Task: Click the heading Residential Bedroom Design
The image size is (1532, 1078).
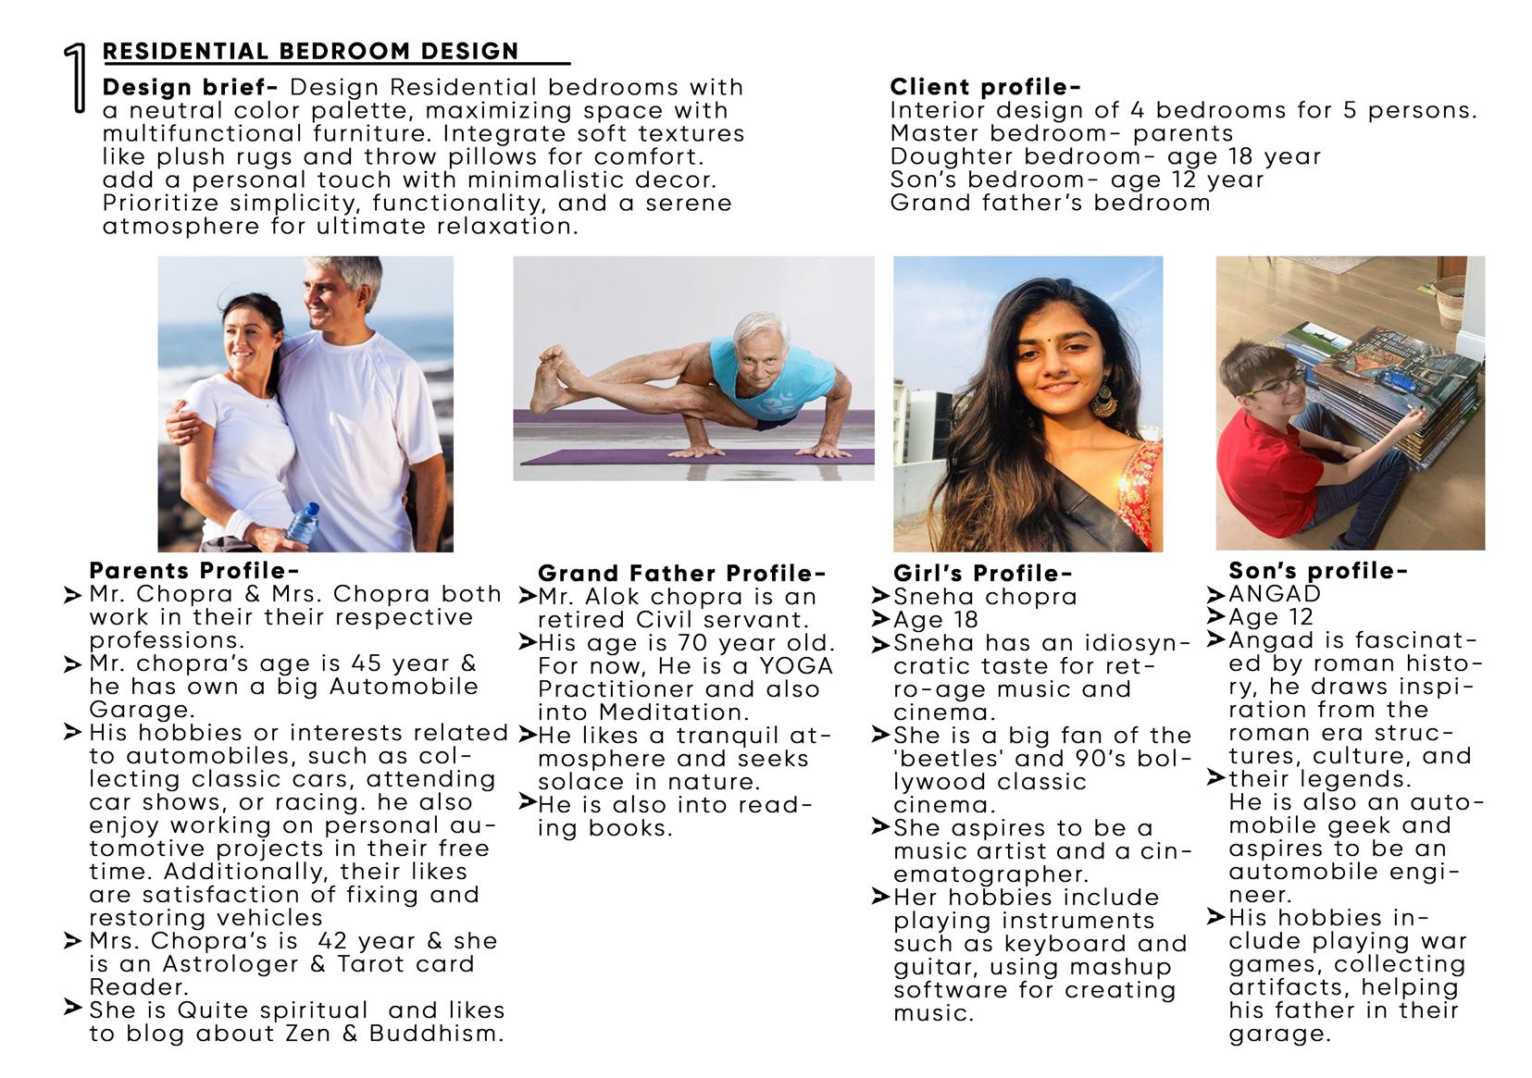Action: coord(311,52)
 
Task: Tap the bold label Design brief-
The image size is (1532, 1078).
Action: coord(190,88)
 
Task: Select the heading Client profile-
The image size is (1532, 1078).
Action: coord(985,87)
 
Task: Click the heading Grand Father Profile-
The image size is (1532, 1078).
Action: coord(681,574)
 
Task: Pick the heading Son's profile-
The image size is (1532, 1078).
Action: coord(1318,571)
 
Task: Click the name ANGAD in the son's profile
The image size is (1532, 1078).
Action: coord(1275,594)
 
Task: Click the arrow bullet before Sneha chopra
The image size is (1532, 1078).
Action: coord(880,597)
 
